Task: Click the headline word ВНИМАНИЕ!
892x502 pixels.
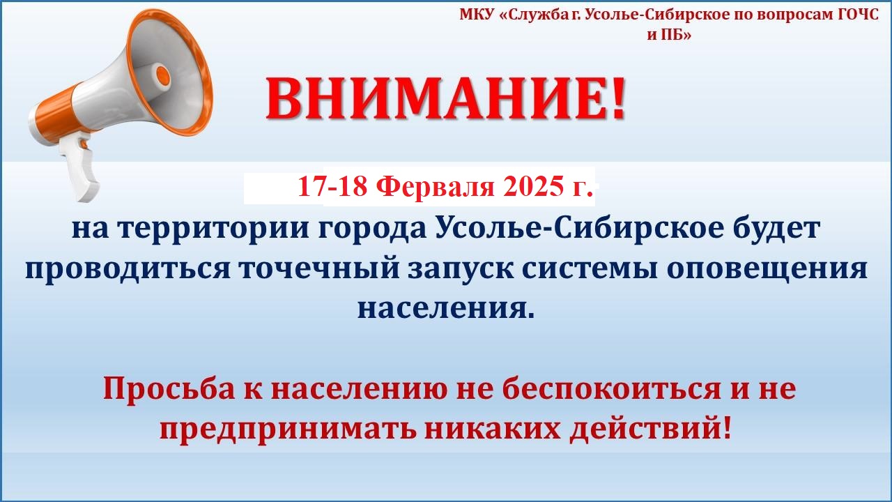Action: (x=445, y=98)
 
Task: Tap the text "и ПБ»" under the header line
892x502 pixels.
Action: (x=669, y=35)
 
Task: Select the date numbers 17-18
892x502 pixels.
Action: (x=332, y=186)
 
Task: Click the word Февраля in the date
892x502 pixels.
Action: (x=435, y=187)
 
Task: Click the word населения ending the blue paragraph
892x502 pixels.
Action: (x=445, y=309)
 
